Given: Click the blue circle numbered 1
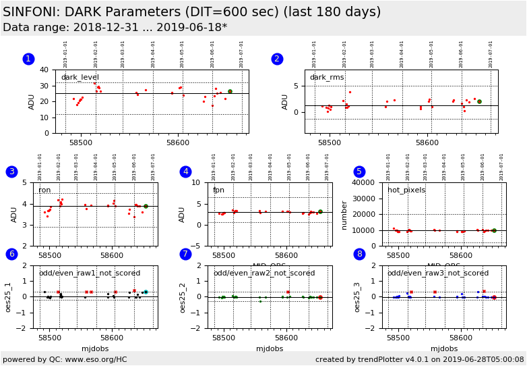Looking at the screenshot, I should point(28,59).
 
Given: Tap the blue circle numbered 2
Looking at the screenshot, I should point(277,59).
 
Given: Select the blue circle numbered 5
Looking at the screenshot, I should point(359,172).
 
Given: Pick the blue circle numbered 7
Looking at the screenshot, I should point(185,254).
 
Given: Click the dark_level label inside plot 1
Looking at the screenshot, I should point(80,78).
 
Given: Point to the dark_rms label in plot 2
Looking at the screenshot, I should point(327,78).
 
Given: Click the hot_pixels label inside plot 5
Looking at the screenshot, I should point(406,190).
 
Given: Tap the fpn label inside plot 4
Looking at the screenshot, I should point(218,190).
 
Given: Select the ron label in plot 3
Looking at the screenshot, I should point(44,190).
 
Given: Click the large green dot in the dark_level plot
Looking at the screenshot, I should point(230,92).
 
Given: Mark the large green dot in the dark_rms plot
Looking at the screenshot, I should point(479,101).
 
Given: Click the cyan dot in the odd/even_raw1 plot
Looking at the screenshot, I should point(146,292).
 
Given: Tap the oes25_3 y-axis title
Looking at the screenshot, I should point(358,296).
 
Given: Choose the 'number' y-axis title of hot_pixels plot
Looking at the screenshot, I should point(345,214).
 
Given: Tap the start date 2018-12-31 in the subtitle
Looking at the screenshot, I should point(105,28).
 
